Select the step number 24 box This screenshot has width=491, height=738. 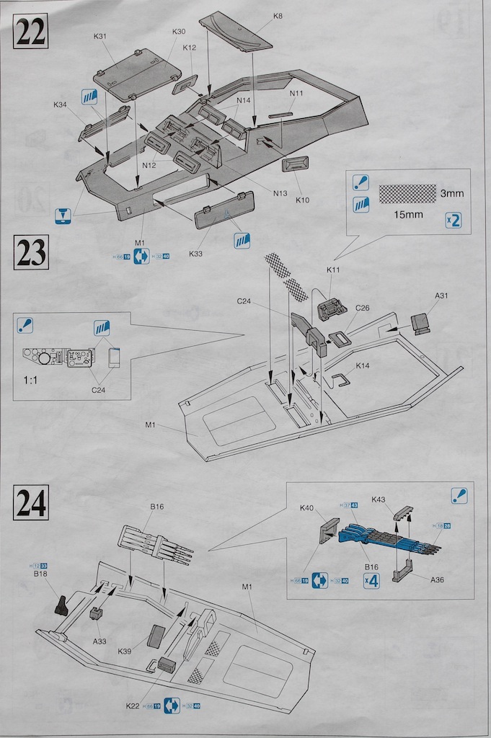pyautogui.click(x=30, y=502)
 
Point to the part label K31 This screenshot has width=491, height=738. pyautogui.click(x=100, y=37)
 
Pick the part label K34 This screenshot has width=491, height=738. pyautogui.click(x=60, y=105)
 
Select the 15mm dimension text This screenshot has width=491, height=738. pyautogui.click(x=408, y=215)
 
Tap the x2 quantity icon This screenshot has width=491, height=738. pyautogui.click(x=453, y=220)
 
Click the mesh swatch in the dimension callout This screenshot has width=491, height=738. pyautogui.click(x=408, y=193)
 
